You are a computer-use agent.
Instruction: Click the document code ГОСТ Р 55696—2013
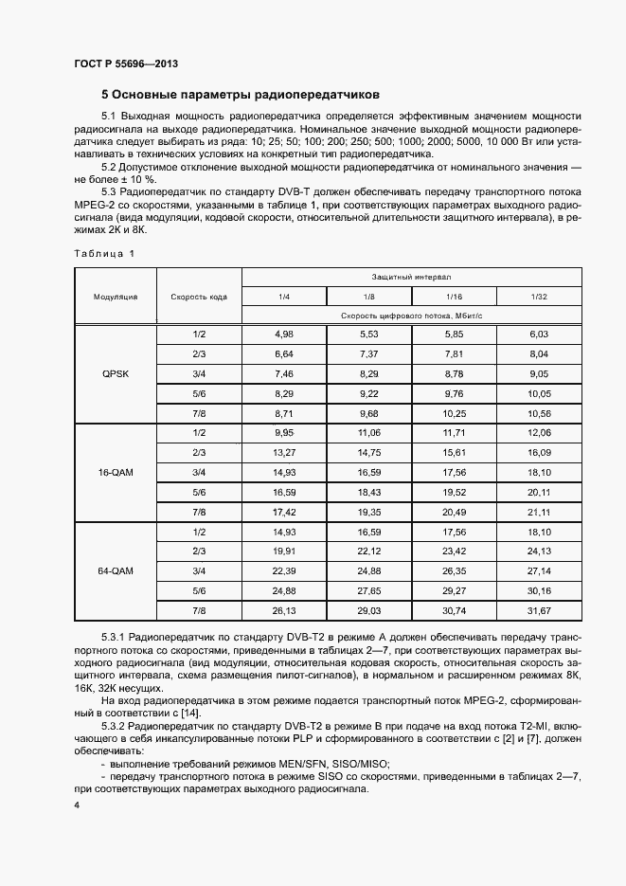(x=125, y=63)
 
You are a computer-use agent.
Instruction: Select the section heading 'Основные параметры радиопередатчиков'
(x=241, y=95)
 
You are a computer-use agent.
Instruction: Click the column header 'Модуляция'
(x=116, y=297)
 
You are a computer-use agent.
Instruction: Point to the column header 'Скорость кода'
(x=199, y=297)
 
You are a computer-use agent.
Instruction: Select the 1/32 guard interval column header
(x=539, y=297)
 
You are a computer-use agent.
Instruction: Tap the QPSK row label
(x=116, y=373)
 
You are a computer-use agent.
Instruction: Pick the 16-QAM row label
(x=116, y=471)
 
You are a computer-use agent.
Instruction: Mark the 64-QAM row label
(x=116, y=570)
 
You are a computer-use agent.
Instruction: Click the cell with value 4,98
(x=284, y=334)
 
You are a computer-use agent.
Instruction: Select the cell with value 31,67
(x=539, y=610)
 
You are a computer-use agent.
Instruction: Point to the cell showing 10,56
(x=539, y=413)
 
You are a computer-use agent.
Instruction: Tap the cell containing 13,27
(x=284, y=452)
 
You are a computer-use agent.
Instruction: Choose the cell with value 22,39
(x=284, y=570)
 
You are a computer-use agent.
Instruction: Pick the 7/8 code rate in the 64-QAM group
(x=199, y=610)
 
